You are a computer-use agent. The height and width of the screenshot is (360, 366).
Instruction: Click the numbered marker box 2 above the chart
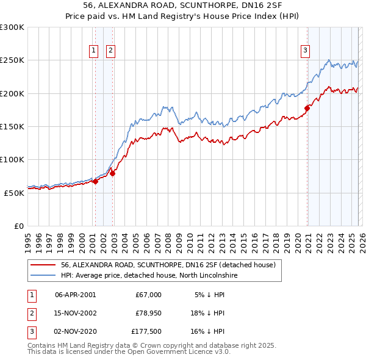[110, 51]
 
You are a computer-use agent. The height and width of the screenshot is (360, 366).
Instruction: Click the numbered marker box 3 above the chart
[305, 51]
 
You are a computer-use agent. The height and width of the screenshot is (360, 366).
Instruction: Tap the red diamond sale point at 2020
[307, 109]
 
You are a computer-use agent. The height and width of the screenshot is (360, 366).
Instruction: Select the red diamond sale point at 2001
[95, 181]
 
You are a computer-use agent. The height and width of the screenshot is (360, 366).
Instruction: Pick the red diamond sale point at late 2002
[113, 173]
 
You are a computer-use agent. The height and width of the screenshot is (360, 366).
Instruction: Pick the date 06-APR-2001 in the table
[75, 294]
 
